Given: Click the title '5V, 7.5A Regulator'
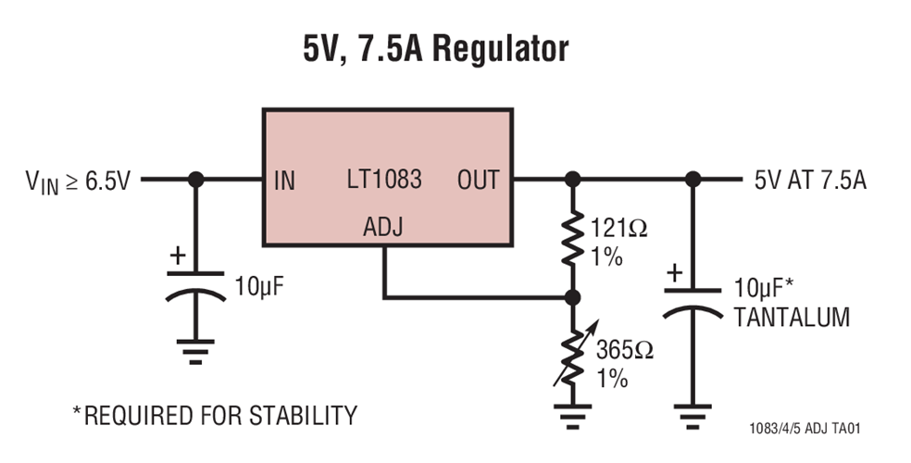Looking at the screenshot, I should (x=436, y=49).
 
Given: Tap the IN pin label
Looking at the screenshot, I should (x=285, y=181).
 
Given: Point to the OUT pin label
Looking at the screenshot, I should (x=478, y=180).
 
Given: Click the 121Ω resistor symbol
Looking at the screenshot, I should (x=573, y=240).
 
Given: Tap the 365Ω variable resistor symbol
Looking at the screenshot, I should (x=573, y=356).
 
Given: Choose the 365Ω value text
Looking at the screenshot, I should (x=623, y=351).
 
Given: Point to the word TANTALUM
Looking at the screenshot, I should (x=791, y=318).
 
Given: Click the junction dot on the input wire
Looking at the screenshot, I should (x=195, y=180).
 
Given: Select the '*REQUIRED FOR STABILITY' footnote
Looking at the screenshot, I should (x=214, y=415).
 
